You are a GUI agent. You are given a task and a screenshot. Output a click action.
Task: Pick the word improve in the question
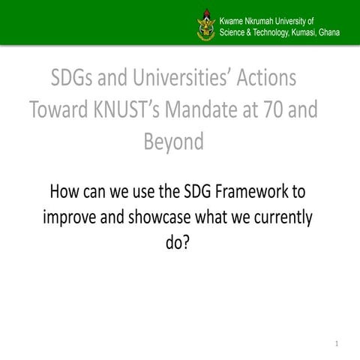coord(70,217)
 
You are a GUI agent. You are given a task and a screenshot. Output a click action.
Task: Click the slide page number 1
coord(338,344)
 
